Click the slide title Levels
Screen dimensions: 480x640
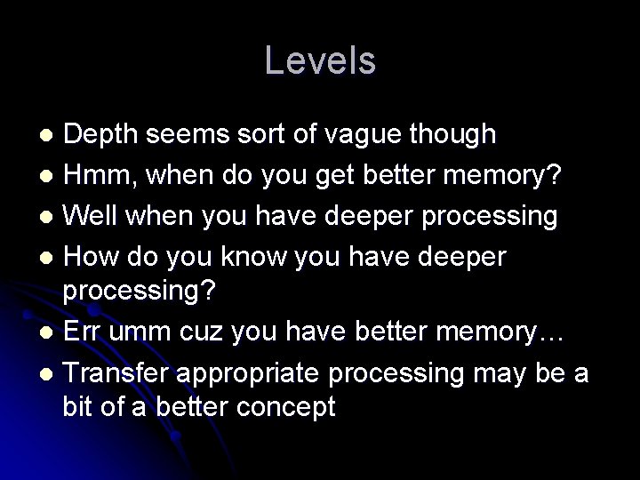click(x=320, y=60)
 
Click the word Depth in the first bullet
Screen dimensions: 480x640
click(x=100, y=134)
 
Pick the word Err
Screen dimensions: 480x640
click(x=85, y=338)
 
